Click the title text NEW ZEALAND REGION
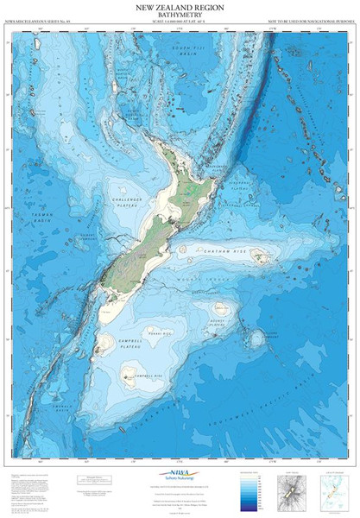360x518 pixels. [180, 9]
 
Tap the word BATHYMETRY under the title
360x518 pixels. [180, 17]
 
